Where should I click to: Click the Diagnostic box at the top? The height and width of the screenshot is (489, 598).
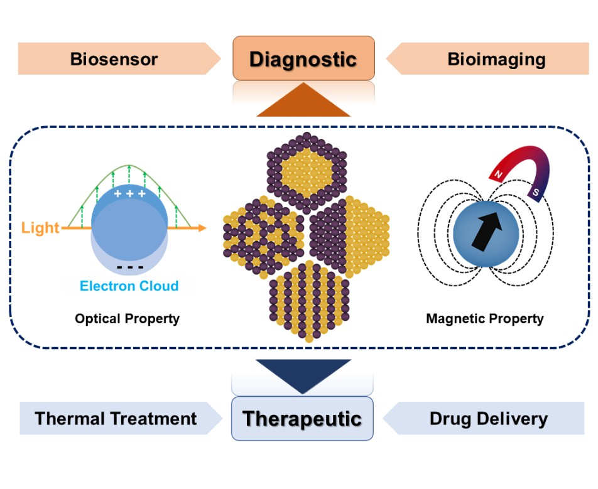coord(303,59)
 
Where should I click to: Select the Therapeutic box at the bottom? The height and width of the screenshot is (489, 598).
coord(302,418)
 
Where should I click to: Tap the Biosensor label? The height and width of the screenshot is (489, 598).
coord(114,60)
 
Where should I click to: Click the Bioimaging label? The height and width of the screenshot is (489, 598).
coord(496,60)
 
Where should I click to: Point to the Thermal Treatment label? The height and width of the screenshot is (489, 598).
coord(116,419)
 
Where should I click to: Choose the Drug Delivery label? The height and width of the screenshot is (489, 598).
coord(488,419)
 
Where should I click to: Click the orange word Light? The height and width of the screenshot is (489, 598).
coord(40,227)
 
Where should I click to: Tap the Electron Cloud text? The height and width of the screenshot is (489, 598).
coord(129,286)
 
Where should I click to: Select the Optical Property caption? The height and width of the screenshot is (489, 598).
coord(127,319)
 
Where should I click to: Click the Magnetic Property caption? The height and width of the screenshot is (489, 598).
coord(484,319)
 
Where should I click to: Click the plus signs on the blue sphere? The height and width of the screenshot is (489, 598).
coord(129,194)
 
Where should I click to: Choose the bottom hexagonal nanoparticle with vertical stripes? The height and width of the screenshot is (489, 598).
coord(303,300)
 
